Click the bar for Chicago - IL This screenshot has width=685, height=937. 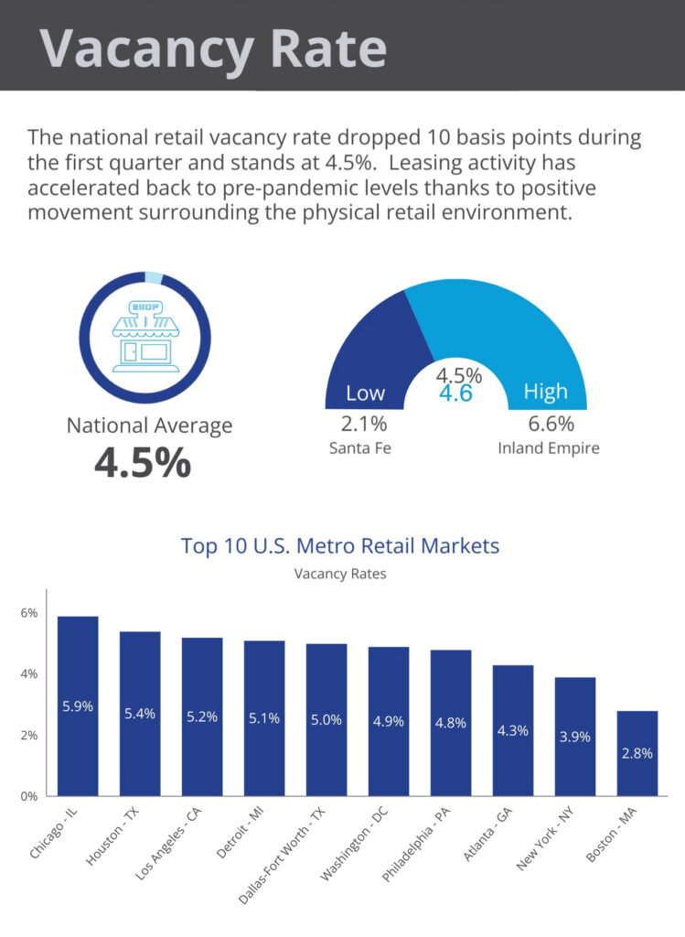click(78, 705)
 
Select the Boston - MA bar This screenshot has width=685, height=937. click(637, 753)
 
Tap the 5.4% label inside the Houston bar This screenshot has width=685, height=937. click(140, 714)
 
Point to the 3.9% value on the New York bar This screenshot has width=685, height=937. click(574, 737)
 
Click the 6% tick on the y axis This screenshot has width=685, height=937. click(28, 612)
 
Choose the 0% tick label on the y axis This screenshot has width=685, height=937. click(28, 796)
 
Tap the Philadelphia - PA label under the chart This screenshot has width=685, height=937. click(416, 845)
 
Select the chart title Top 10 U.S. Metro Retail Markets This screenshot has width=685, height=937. click(340, 545)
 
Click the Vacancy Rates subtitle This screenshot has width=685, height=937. click(340, 574)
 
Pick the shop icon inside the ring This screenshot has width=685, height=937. click(145, 337)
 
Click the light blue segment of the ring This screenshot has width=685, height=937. click(154, 278)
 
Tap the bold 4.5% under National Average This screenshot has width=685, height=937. click(143, 463)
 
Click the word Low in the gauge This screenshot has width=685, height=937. click(366, 393)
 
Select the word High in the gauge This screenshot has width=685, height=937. click(546, 392)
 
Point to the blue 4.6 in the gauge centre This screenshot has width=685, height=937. click(455, 393)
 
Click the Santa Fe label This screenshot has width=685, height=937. click(360, 448)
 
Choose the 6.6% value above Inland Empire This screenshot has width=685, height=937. click(551, 424)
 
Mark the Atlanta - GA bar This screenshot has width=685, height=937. click(513, 730)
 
